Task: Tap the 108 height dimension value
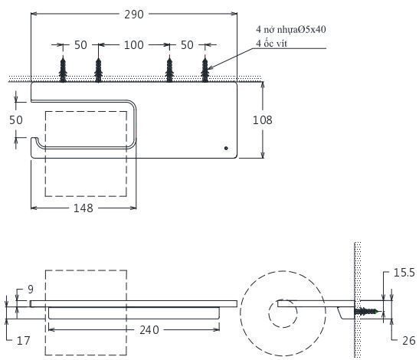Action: pos(261,119)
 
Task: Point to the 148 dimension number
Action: pos(84,208)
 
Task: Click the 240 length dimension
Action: pos(149,329)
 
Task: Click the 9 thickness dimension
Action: pos(31,289)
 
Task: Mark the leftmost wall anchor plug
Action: pos(63,69)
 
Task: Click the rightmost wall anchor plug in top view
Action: pos(205,69)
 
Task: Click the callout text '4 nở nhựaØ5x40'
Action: pos(290,30)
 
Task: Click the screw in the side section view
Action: pos(366,312)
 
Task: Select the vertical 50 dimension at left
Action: pos(15,120)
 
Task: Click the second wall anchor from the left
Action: pos(98,69)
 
